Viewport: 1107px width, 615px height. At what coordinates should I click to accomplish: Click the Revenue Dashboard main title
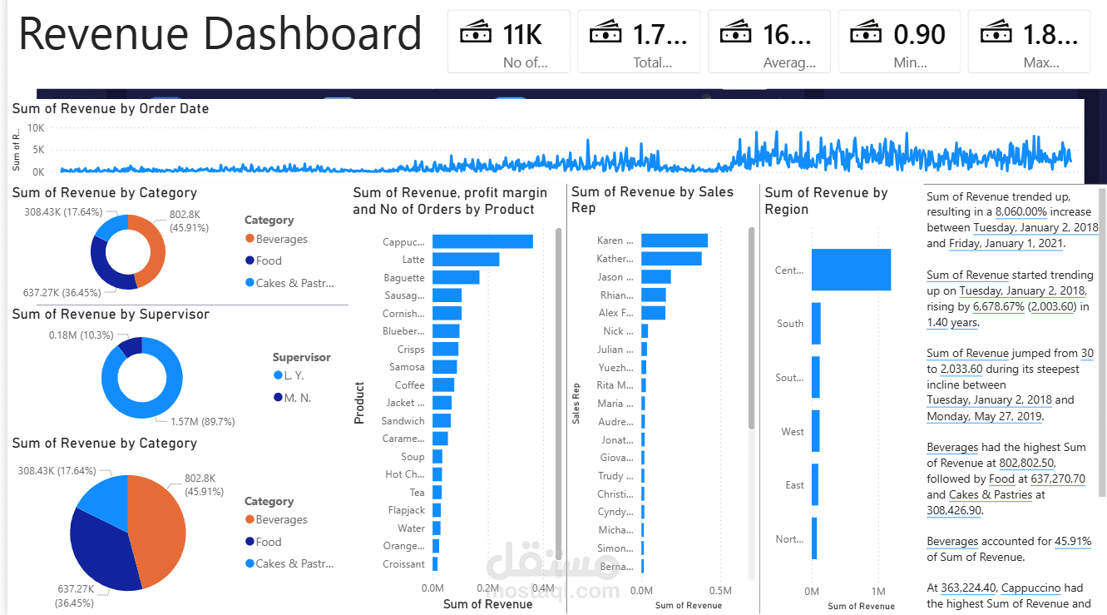click(x=220, y=35)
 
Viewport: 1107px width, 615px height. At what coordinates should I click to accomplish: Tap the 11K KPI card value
click(x=522, y=34)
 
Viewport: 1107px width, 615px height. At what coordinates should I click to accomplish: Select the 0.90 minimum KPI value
click(x=919, y=34)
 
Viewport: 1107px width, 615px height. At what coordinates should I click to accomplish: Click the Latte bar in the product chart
click(x=466, y=260)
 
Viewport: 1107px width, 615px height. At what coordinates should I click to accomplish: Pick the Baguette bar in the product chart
click(x=456, y=277)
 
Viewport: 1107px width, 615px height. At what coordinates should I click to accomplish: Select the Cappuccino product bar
click(x=482, y=241)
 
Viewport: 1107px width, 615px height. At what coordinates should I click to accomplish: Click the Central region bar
click(x=851, y=270)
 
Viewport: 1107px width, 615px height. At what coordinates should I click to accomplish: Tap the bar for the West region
click(x=815, y=431)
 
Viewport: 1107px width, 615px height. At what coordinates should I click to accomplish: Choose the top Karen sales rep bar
click(x=675, y=241)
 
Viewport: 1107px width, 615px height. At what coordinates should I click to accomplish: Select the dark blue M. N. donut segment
click(x=131, y=346)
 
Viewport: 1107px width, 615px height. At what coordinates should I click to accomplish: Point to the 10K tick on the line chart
click(x=36, y=128)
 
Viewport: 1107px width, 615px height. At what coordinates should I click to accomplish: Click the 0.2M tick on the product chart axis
click(x=487, y=588)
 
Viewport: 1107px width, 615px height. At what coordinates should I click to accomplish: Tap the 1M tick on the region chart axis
click(x=879, y=591)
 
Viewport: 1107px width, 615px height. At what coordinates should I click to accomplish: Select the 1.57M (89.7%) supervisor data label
click(x=202, y=422)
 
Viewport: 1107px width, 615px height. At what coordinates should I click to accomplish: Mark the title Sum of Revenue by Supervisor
click(x=111, y=314)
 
